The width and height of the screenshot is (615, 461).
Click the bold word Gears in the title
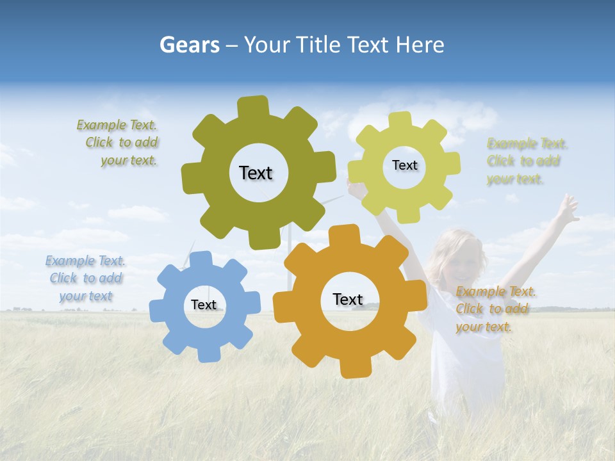189,45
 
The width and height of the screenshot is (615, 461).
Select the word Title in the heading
317,45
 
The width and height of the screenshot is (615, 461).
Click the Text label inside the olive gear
256,173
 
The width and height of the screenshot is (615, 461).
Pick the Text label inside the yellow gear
404,165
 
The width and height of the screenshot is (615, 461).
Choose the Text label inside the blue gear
204,305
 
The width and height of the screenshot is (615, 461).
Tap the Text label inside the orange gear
348,299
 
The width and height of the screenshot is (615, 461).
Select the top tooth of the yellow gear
400,120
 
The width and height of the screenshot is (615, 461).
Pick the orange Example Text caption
495,309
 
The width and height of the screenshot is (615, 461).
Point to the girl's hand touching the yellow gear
356,188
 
